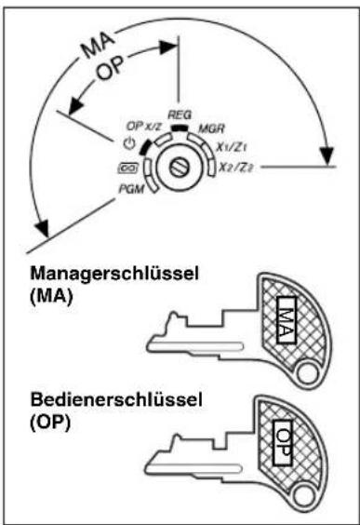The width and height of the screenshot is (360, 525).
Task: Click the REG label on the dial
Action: [179, 111]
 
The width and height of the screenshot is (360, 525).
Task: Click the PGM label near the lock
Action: [130, 189]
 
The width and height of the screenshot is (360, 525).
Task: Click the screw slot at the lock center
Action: [180, 168]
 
